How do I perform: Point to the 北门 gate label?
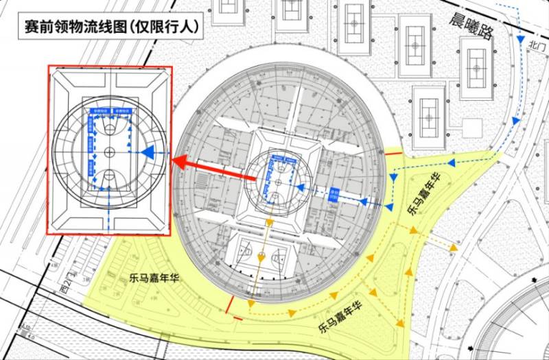point(537,45)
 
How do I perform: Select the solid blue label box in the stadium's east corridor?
point(336,193)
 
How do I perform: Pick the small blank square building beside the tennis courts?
point(471,128)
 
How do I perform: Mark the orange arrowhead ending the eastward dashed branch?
point(453,246)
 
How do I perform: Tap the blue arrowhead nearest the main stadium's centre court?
point(301,189)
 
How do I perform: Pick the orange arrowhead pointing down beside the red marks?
point(252,303)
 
